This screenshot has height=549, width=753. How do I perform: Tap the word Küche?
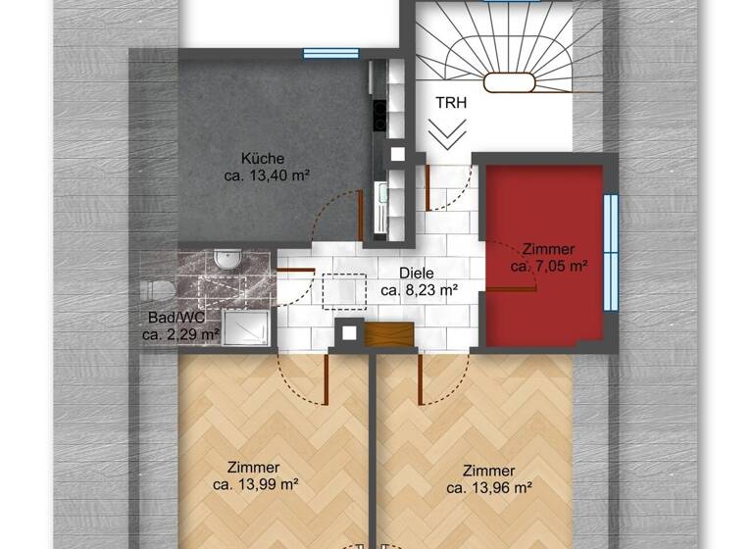tap(263, 159)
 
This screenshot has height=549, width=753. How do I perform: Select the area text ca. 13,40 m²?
tap(263, 176)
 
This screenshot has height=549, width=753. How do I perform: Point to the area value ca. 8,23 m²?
tap(420, 290)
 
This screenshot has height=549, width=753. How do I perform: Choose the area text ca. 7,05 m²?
tap(549, 266)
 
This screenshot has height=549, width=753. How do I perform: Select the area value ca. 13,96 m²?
tap(489, 486)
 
